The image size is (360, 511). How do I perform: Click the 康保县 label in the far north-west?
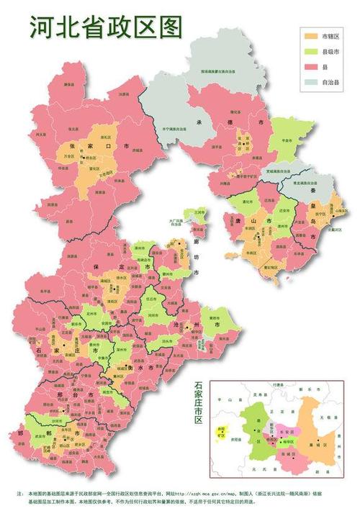(69, 84)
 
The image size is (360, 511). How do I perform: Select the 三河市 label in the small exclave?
(199, 212)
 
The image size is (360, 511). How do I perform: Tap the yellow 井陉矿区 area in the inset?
(221, 434)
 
